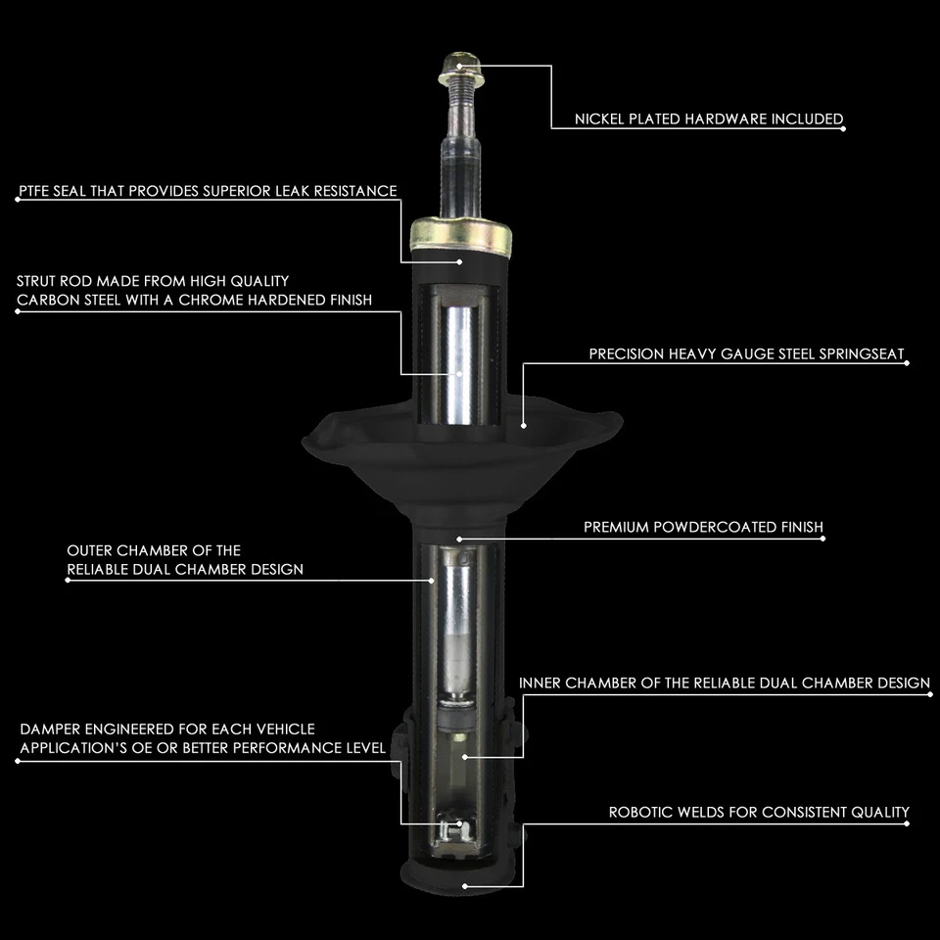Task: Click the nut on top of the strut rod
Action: (x=457, y=67)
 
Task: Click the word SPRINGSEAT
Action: (x=859, y=353)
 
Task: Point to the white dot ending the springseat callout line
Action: (x=524, y=426)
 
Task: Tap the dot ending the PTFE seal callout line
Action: (x=460, y=261)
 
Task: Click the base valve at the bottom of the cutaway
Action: (x=451, y=829)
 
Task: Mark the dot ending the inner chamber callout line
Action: (x=466, y=757)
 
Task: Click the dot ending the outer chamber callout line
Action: (x=432, y=580)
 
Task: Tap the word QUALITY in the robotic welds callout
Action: (x=876, y=812)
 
